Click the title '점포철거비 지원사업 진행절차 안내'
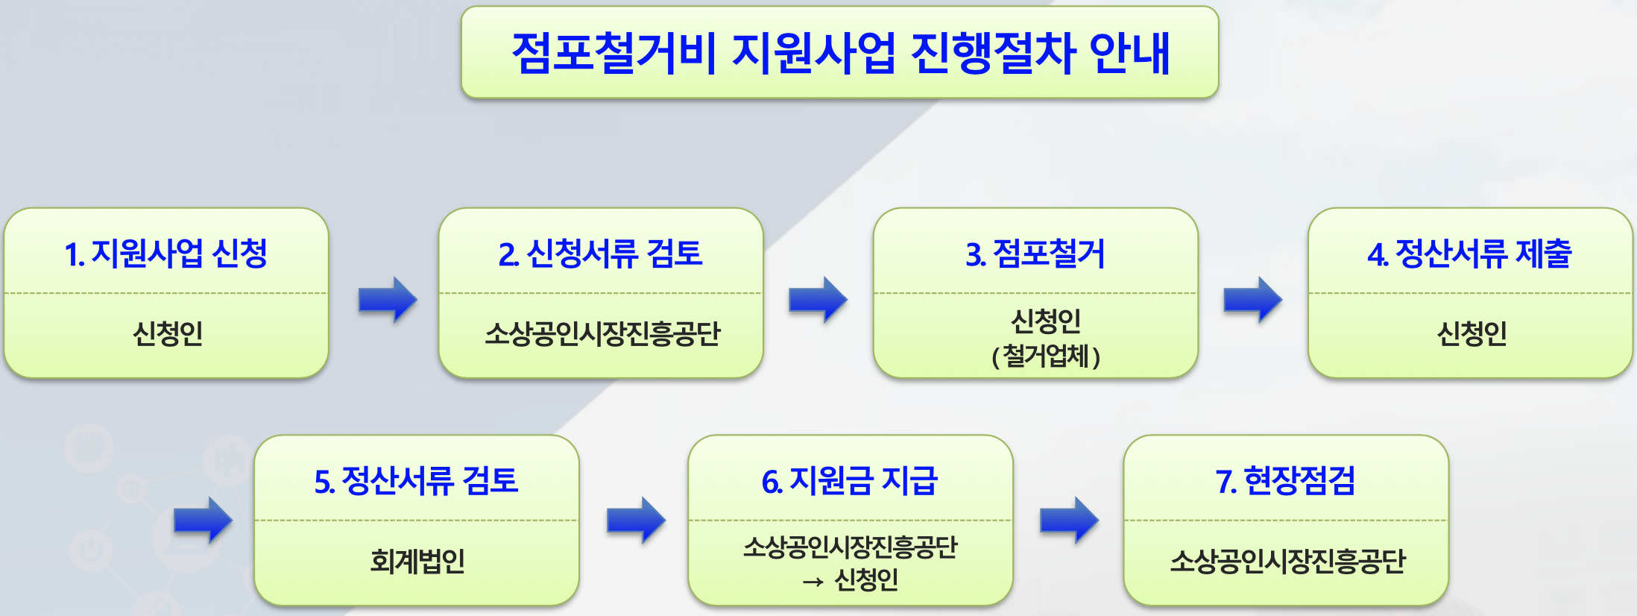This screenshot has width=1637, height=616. pyautogui.click(x=840, y=53)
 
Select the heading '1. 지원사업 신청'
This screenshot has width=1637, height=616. pyautogui.click(x=165, y=254)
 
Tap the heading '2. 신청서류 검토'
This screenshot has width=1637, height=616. pyautogui.click(x=600, y=254)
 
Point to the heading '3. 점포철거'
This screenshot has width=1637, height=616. pyautogui.click(x=1035, y=254)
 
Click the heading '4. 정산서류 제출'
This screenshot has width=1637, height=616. pyautogui.click(x=1470, y=254)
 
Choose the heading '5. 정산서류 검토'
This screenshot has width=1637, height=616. pyautogui.click(x=416, y=481)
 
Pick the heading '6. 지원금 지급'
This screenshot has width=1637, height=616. pyautogui.click(x=850, y=481)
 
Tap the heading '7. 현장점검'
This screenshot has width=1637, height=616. pyautogui.click(x=1285, y=481)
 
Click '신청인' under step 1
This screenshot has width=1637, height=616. pyautogui.click(x=167, y=333)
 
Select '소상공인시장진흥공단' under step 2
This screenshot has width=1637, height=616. pyautogui.click(x=602, y=333)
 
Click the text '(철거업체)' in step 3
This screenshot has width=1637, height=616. pyautogui.click(x=1046, y=356)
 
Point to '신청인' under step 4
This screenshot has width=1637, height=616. pyautogui.click(x=1472, y=333)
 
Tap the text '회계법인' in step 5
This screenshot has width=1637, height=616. pyautogui.click(x=417, y=561)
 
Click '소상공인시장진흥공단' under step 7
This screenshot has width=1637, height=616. pyautogui.click(x=1287, y=561)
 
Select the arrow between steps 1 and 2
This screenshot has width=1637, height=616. pyautogui.click(x=388, y=300)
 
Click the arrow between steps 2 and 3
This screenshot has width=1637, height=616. pyautogui.click(x=818, y=300)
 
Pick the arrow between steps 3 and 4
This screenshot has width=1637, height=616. pyautogui.click(x=1252, y=300)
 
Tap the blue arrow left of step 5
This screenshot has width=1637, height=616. pyautogui.click(x=203, y=520)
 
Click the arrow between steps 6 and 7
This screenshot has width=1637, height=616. pyautogui.click(x=1069, y=520)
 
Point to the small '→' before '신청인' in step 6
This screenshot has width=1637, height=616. pyautogui.click(x=813, y=582)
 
